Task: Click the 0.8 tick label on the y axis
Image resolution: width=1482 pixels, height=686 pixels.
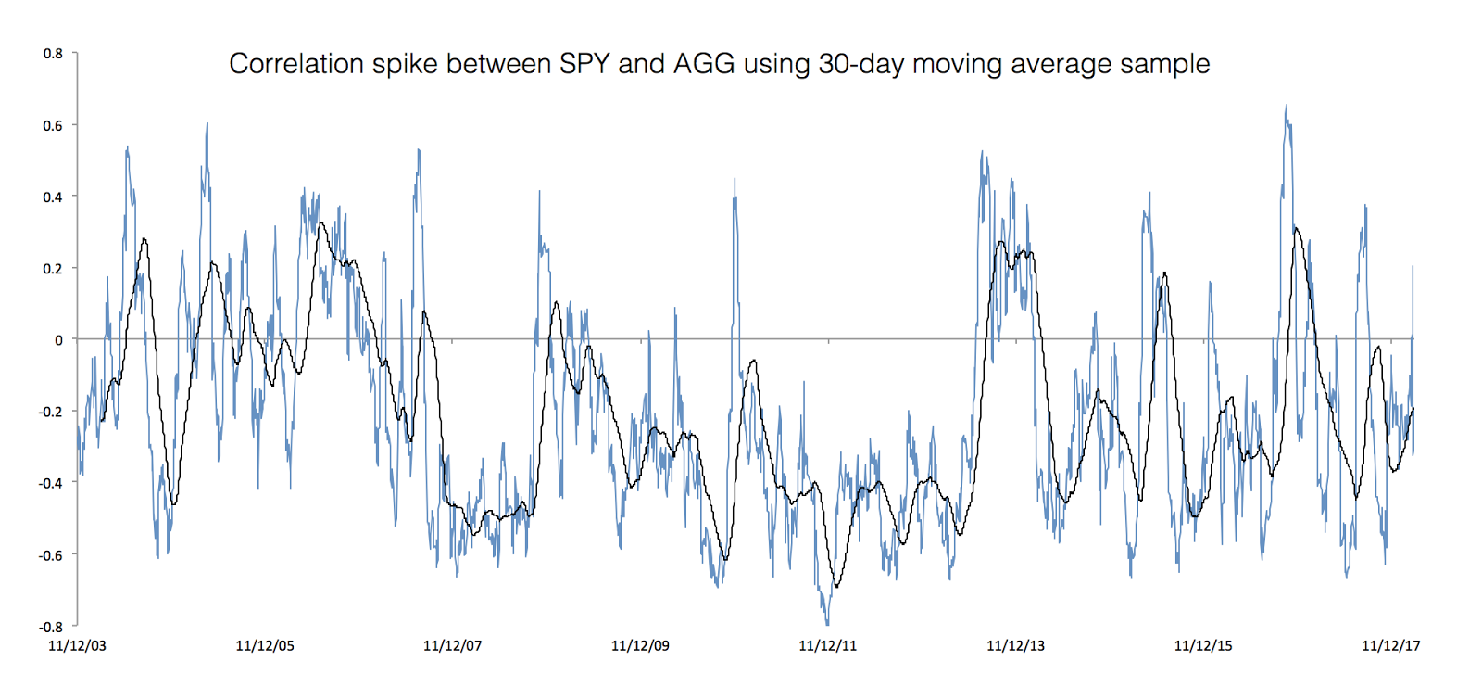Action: tap(53, 54)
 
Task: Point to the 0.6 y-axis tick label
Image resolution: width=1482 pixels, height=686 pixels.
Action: tap(53, 125)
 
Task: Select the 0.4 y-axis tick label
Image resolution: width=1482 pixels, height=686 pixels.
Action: tap(53, 197)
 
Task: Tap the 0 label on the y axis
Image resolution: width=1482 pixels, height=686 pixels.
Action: tap(58, 340)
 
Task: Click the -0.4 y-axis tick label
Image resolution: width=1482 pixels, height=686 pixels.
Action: tap(50, 483)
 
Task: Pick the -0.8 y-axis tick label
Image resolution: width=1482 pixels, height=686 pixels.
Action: tap(50, 627)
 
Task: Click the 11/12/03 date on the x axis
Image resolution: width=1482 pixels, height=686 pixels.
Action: tap(77, 646)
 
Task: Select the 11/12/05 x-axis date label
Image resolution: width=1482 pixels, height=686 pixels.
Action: tap(265, 646)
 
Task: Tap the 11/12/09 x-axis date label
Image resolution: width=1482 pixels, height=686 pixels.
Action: tap(640, 646)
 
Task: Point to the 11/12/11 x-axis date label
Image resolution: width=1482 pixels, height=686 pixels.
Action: tap(828, 646)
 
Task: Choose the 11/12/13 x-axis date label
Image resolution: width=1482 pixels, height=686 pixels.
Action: tap(1015, 646)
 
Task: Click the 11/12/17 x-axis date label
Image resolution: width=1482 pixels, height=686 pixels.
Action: tap(1390, 646)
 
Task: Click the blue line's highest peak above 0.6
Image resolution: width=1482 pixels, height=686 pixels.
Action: tap(1286, 106)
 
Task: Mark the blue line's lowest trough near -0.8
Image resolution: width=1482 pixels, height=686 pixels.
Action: tap(827, 624)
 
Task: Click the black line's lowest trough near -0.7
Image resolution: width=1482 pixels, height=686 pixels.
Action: tap(836, 586)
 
